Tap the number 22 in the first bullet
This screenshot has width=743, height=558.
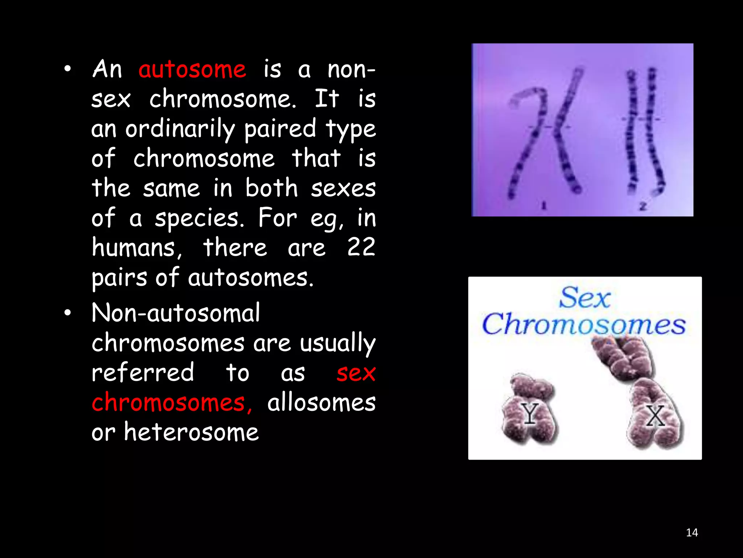pos(361,247)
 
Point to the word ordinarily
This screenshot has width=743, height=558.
pos(180,129)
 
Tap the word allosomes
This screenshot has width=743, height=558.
pos(321,403)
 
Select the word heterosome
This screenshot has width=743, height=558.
pos(192,432)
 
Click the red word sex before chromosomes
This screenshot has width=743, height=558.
pos(356,373)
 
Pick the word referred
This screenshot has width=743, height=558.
pos(143,373)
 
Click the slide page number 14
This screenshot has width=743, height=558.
pos(692,533)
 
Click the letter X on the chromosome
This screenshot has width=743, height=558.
pos(656,416)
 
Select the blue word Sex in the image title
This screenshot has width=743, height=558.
pos(585,298)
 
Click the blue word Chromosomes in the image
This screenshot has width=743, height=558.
pos(584,324)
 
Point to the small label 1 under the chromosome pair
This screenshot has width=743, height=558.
pos(544,206)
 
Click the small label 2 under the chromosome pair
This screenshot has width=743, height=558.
pos(643,207)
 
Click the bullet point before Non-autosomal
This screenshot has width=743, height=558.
pos(67,313)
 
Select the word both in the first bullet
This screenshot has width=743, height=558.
pos(271,188)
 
